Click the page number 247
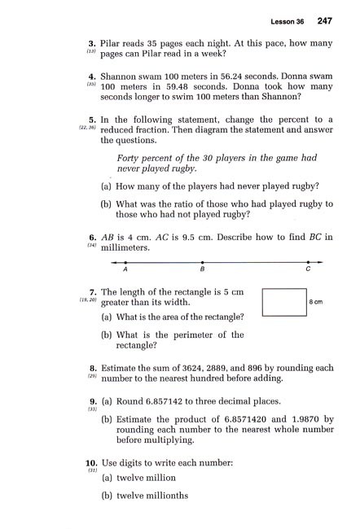click(325, 20)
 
